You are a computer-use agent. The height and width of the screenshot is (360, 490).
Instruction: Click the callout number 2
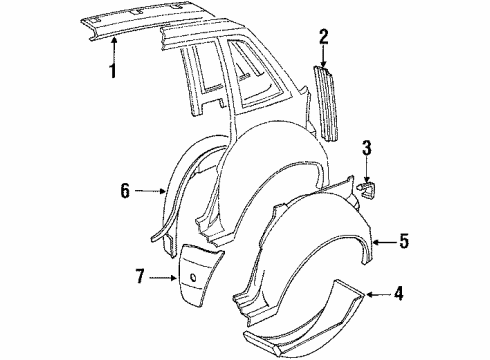click(x=323, y=38)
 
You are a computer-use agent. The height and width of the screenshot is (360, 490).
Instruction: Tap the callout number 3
click(x=367, y=149)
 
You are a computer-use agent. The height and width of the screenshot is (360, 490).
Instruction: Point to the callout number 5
click(x=405, y=241)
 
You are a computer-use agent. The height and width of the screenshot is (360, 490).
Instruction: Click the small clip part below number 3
click(x=367, y=186)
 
